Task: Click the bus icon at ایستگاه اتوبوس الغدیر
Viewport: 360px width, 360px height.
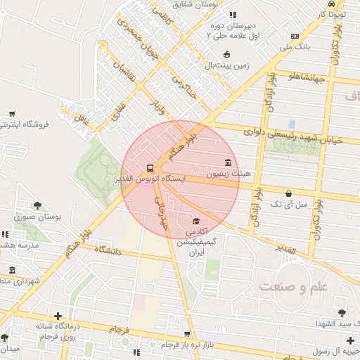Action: (x=150, y=168)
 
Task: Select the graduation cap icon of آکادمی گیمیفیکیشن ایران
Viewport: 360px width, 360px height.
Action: (x=195, y=221)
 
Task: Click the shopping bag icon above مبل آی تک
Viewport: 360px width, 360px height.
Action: (x=288, y=193)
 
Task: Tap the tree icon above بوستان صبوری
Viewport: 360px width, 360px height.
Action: (x=37, y=206)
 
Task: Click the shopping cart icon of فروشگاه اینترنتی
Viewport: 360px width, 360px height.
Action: (x=12, y=113)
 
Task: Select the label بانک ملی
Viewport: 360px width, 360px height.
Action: (x=295, y=48)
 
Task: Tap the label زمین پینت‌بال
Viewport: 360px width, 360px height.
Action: (x=226, y=65)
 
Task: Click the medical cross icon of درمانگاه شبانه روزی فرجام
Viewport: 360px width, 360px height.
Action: (x=57, y=316)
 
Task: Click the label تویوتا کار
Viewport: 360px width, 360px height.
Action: (x=332, y=13)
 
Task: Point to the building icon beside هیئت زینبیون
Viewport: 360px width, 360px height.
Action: (x=229, y=162)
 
